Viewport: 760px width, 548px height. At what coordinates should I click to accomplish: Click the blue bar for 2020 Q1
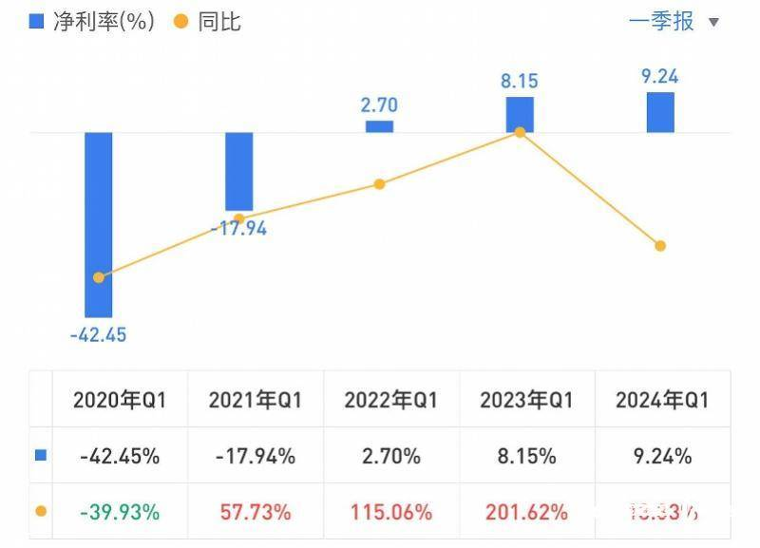(x=99, y=224)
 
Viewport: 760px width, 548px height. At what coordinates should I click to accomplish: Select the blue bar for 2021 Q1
(x=238, y=171)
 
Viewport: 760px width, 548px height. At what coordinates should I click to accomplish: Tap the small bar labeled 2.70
(x=379, y=126)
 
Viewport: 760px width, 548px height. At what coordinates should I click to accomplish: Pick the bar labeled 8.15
(x=520, y=114)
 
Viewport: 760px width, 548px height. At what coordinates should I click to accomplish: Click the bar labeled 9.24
(x=660, y=112)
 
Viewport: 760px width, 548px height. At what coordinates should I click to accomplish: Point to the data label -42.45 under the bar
(x=98, y=334)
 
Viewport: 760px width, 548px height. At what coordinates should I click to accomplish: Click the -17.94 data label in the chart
(x=238, y=228)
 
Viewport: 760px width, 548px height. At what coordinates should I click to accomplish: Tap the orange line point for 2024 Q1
(x=660, y=246)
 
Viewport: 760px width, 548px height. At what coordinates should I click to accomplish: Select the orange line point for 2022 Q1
(x=379, y=184)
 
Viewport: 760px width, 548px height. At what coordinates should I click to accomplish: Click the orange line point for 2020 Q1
(x=99, y=277)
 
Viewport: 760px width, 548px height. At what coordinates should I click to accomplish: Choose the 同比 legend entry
(x=207, y=22)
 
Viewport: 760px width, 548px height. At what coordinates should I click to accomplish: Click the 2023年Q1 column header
(x=526, y=400)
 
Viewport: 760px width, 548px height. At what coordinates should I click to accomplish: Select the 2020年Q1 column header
(x=120, y=400)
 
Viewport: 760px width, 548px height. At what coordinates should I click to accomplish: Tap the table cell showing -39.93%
(x=120, y=512)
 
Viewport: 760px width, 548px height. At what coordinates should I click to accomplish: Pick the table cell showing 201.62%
(x=526, y=512)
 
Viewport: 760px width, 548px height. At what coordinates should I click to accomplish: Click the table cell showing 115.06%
(x=390, y=512)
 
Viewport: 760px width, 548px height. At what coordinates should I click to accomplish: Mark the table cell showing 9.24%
(x=662, y=456)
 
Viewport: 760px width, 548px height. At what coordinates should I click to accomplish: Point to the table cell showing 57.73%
(x=255, y=512)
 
